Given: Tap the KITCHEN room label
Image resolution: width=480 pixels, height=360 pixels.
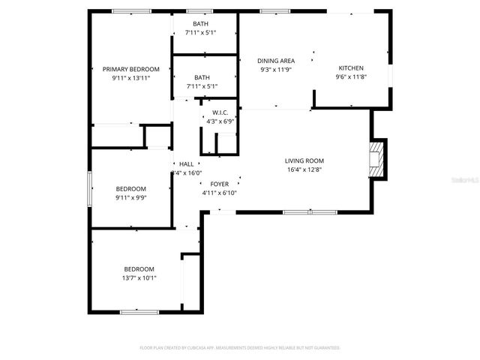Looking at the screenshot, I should (x=350, y=68).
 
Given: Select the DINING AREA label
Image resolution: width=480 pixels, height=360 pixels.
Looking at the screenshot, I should (x=275, y=61).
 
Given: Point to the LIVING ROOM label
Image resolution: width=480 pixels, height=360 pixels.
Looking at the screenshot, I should (x=304, y=160).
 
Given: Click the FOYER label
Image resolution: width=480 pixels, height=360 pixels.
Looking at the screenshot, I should (x=219, y=184).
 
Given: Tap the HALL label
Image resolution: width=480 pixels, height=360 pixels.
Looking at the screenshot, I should (x=186, y=164).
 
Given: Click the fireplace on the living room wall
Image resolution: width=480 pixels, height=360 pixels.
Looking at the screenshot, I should (x=375, y=160).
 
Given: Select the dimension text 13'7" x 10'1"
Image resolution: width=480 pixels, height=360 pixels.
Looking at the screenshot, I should (x=139, y=277).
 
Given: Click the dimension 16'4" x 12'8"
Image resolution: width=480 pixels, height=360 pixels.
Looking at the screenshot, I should (x=304, y=169).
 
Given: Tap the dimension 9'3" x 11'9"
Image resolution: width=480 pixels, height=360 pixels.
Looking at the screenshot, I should (x=275, y=70).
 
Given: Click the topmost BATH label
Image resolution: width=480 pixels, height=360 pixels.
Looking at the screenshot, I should (x=201, y=24).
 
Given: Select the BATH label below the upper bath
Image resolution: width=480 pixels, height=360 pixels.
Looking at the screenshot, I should (x=202, y=77).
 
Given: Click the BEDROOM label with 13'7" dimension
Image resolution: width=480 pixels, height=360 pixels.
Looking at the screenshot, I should (x=139, y=268).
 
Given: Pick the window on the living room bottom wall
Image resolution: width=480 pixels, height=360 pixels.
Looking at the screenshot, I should (x=308, y=212).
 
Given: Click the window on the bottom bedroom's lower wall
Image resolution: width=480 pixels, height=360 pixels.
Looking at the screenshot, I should (x=139, y=310).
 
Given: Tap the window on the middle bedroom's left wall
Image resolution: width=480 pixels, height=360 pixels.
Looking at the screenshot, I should (x=89, y=187).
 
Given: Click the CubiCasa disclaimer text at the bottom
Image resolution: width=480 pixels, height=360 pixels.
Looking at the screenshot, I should (x=240, y=348).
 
